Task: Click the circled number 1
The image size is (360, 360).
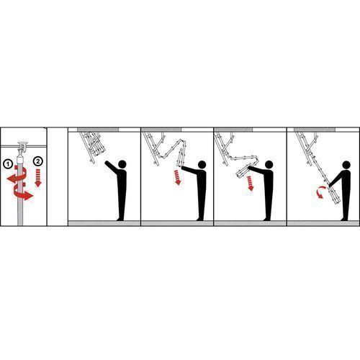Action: pos(8,164)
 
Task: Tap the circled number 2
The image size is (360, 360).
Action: pos(38,161)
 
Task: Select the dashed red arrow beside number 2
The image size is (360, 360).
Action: pos(38,178)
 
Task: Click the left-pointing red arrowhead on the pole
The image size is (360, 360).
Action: pos(10,179)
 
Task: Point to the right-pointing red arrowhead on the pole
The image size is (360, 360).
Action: pos(30,196)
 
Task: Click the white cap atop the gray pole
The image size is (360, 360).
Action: pos(20,159)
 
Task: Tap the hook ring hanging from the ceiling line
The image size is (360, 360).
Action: pos(22,146)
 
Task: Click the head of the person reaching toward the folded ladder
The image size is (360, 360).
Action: pos(122,164)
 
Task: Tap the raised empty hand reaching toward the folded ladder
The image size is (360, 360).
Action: pos(107,163)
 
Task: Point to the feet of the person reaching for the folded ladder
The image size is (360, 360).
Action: pos(120,219)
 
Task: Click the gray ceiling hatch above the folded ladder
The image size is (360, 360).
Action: pos(98,130)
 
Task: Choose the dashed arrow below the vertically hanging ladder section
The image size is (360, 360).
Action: pos(177,177)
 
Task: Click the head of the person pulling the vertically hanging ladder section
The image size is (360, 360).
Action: pos(202,165)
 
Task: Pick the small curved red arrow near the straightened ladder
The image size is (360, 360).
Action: pos(320,192)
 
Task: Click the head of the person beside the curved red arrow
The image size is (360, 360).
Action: pos(346,165)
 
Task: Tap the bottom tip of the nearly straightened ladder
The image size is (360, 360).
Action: pos(337,203)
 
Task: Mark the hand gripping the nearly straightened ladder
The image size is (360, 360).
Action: pos(330,185)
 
